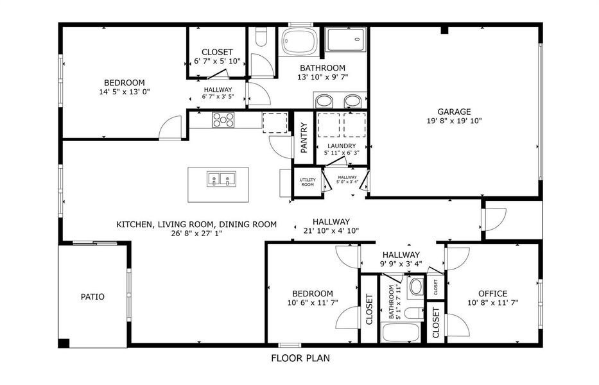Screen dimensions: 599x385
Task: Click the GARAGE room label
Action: tap(454, 112)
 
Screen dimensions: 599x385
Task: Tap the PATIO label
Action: tap(92, 296)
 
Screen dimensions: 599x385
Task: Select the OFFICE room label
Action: tap(493, 294)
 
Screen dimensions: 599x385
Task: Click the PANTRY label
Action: tap(304, 137)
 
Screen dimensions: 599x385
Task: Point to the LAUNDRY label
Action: tap(342, 146)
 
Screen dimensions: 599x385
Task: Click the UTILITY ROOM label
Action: tap(308, 182)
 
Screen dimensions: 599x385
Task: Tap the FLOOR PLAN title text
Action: tap(300, 358)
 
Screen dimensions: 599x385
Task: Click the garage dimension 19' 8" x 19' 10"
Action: tap(454, 121)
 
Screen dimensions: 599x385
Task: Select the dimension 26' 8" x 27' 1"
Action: tap(196, 234)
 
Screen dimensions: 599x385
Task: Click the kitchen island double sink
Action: tap(221, 179)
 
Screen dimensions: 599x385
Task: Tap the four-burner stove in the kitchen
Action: tap(223, 119)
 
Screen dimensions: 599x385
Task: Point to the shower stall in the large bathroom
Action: tap(346, 39)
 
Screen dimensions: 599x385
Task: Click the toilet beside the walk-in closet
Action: tap(262, 37)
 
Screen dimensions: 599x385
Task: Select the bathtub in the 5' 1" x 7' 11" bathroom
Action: tap(401, 332)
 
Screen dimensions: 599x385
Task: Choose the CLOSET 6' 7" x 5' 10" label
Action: tap(217, 56)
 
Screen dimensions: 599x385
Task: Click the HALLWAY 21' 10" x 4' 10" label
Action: tap(331, 226)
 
